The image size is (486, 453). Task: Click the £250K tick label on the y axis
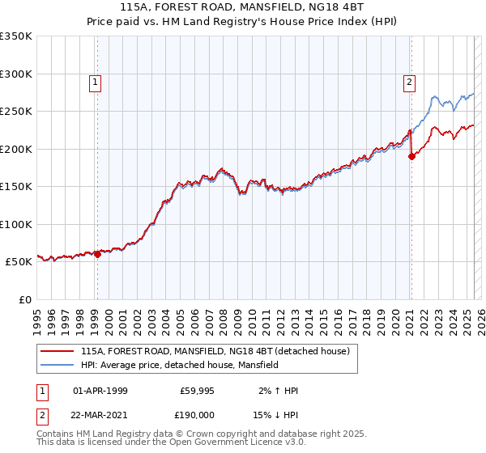coord(15,112)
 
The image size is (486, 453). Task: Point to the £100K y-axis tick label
coord(15,224)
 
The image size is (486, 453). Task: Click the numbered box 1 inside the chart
coord(96,82)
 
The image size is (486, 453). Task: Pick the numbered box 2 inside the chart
coord(410,82)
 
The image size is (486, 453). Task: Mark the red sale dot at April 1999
coord(97,254)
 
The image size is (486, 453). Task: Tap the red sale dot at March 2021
coord(411,157)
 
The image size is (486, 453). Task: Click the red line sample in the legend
coord(58,351)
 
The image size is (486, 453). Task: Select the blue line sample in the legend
coord(58,365)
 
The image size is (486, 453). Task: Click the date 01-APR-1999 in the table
coord(100,391)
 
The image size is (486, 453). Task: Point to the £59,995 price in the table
coord(196,391)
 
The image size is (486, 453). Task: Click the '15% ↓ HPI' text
coord(275,413)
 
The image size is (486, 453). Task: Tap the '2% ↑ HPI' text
coord(277,391)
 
